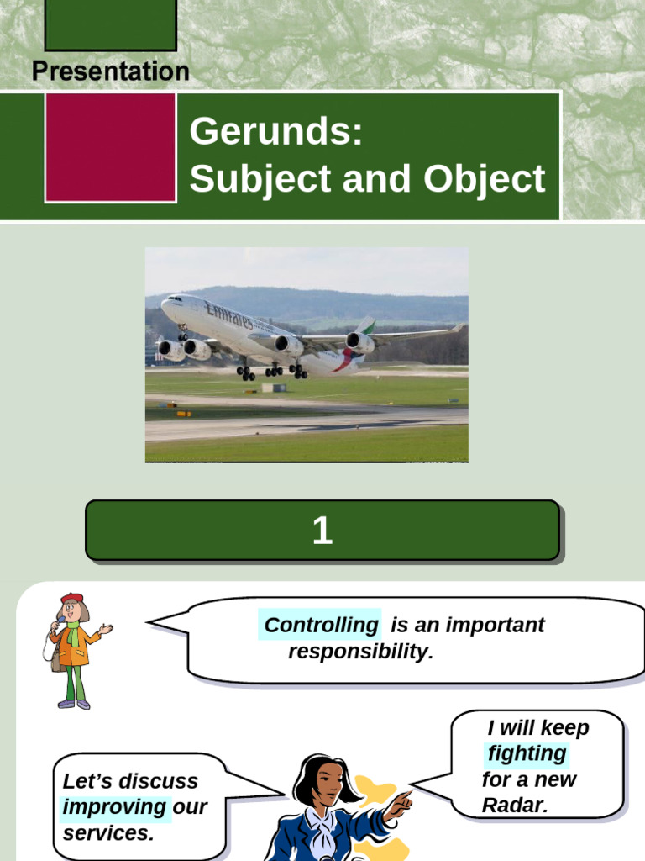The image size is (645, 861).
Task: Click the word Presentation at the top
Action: click(110, 71)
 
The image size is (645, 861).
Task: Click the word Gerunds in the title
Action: click(275, 133)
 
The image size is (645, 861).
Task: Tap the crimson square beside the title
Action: click(110, 147)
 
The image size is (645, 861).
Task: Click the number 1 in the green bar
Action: click(322, 531)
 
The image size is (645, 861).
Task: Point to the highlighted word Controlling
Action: click(321, 625)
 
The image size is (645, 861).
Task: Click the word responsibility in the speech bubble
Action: click(360, 652)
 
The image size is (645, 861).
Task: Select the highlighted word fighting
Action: click(527, 753)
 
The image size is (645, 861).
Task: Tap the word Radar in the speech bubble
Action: click(515, 805)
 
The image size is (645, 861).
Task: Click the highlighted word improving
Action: click(115, 807)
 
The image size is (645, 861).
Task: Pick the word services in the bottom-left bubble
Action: click(108, 833)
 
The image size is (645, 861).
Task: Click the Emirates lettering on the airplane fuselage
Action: click(228, 316)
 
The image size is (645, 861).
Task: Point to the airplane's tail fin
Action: click(365, 325)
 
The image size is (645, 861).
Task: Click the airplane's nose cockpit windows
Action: click(175, 298)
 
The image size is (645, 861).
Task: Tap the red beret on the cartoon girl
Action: click(72, 598)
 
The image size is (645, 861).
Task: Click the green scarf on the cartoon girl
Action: click(73, 633)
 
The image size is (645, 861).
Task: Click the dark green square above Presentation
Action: click(110, 24)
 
